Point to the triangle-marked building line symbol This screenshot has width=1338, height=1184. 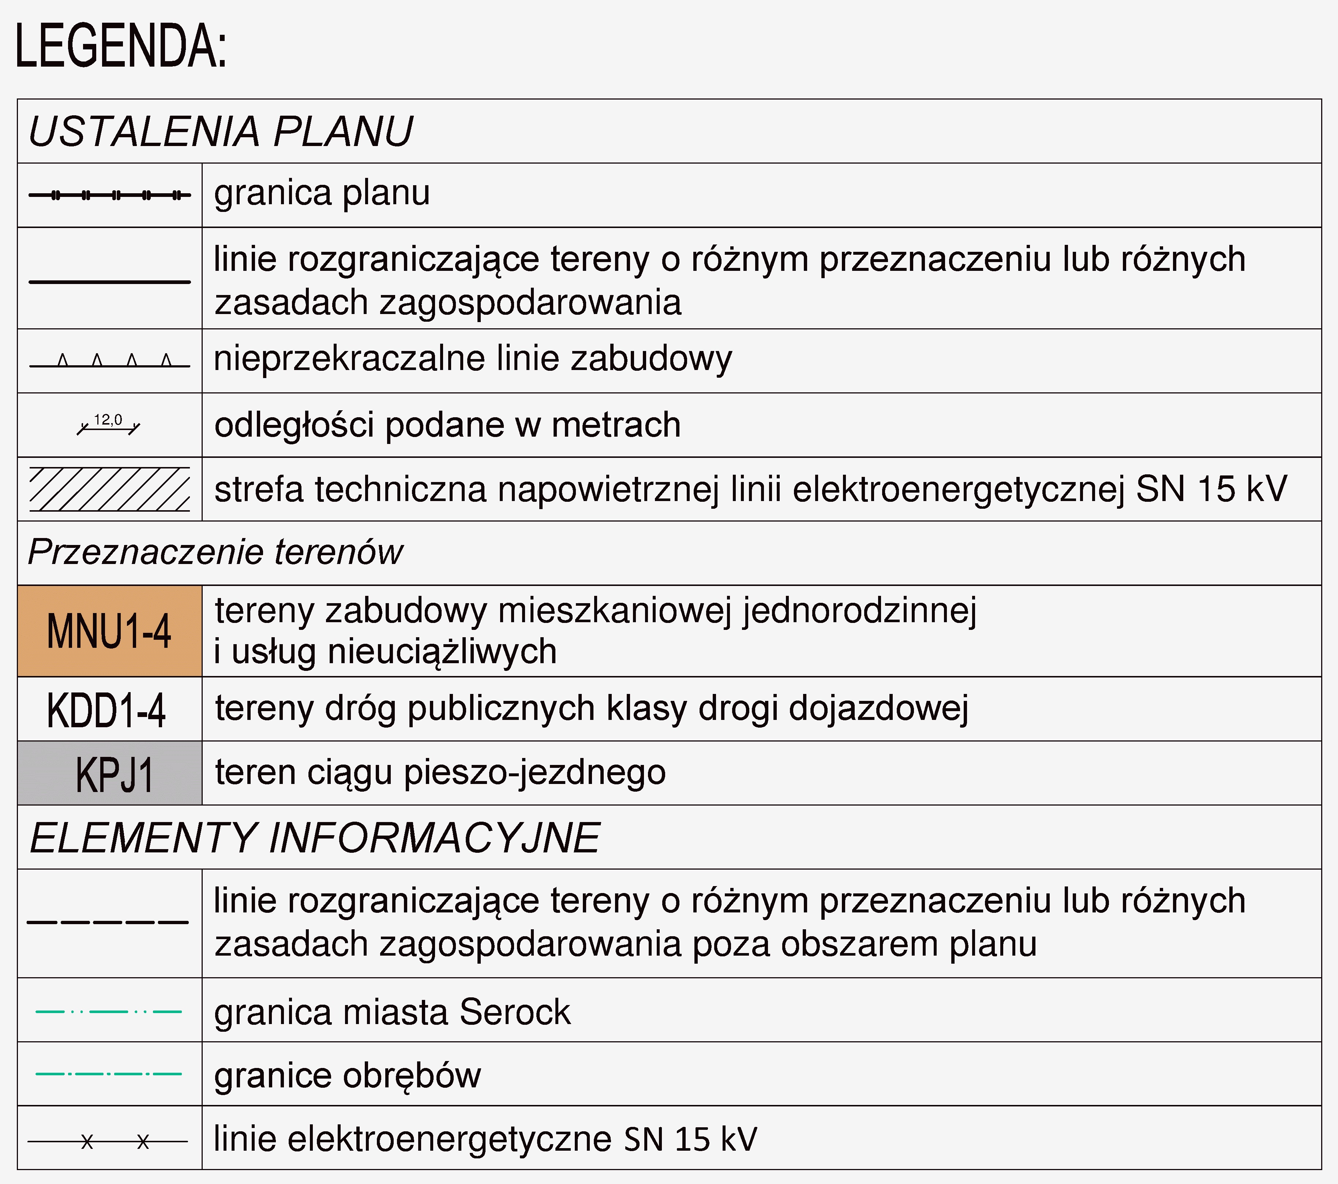[110, 362]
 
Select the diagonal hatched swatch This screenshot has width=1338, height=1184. [110, 489]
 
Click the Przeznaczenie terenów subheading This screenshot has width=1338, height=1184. [215, 552]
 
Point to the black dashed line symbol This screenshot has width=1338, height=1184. [108, 922]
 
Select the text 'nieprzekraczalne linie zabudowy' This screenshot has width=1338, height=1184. [473, 359]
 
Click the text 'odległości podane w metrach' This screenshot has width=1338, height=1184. [448, 425]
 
